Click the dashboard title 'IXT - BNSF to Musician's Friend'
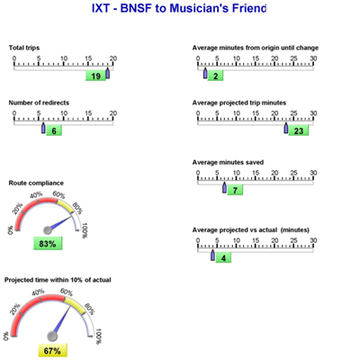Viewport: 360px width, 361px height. pos(179,8)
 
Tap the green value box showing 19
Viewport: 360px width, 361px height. pos(95,76)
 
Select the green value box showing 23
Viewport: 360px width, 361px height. pos(299,131)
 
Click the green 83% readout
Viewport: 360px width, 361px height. pos(48,243)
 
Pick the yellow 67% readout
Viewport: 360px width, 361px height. pos(52,350)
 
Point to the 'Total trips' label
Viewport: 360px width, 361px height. pos(24,48)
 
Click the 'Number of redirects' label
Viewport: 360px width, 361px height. pos(39,103)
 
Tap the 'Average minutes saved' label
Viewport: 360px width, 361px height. pos(228,162)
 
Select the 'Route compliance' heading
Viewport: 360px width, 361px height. pos(36,183)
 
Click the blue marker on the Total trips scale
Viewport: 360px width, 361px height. pos(108,73)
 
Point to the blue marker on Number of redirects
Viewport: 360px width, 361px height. pos(43,128)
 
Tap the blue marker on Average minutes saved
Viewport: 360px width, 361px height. pos(224,187)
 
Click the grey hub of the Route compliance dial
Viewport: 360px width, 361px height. pos(48,230)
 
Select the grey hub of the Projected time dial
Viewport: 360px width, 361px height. pos(52,337)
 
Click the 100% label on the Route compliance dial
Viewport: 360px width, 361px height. pos(85,230)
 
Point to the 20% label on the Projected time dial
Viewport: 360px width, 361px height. pos(15,309)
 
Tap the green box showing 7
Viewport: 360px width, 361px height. pos(235,190)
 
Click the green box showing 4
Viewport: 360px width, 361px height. pos(223,257)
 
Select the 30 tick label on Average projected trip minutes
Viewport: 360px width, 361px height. pos(313,113)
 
